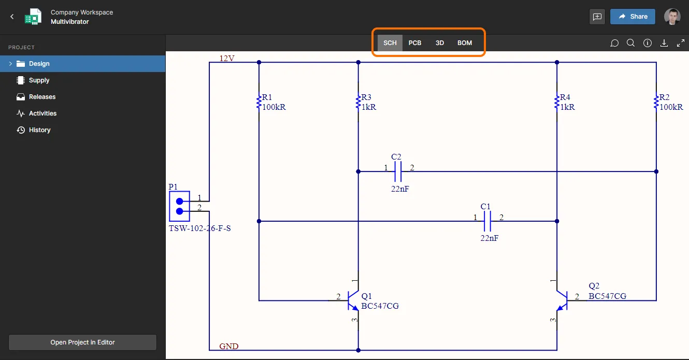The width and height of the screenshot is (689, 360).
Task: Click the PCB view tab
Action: [x=414, y=42]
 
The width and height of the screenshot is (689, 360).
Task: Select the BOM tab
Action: [x=465, y=42]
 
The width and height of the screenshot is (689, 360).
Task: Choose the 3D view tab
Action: [x=439, y=42]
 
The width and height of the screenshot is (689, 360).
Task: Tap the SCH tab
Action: [x=390, y=42]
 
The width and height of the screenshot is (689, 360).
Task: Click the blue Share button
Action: [x=633, y=17]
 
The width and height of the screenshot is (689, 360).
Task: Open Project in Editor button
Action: [x=82, y=342]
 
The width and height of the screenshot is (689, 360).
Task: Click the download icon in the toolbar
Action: [x=664, y=43]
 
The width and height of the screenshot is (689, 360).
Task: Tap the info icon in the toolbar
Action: [x=647, y=43]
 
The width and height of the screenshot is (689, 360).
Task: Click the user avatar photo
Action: [x=672, y=17]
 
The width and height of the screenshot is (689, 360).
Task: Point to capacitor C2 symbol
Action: [x=398, y=171]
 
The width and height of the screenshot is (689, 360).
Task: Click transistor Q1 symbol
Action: [x=353, y=300]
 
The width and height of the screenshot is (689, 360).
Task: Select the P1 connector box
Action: [x=179, y=206]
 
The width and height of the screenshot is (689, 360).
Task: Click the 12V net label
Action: [x=227, y=58]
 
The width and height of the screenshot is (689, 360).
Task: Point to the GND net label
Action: [x=229, y=346]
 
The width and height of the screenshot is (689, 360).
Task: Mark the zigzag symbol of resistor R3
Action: [x=358, y=102]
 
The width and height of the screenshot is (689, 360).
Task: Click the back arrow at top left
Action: [x=12, y=17]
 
